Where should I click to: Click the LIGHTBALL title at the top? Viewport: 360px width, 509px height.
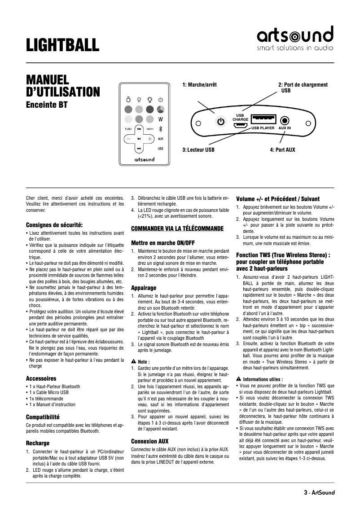pyautogui.click(x=62, y=45)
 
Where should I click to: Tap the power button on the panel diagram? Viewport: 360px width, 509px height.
pyautogui.click(x=220, y=121)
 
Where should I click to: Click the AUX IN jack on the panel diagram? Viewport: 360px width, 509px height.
pyautogui.click(x=285, y=121)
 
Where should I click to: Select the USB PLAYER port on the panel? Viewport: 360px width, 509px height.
pyautogui.click(x=263, y=119)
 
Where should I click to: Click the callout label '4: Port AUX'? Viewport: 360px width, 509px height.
pyautogui.click(x=282, y=149)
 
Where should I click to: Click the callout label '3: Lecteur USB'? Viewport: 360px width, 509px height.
pyautogui.click(x=198, y=149)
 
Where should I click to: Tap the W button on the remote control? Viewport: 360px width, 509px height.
pyautogui.click(x=160, y=119)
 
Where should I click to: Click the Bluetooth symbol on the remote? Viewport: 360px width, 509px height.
pyautogui.click(x=160, y=129)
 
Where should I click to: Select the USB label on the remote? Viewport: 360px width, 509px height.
pyautogui.click(x=160, y=148)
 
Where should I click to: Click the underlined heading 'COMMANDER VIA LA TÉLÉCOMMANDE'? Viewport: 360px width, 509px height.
pyautogui.click(x=177, y=228)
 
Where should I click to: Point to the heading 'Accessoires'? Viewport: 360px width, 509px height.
pyautogui.click(x=41, y=378)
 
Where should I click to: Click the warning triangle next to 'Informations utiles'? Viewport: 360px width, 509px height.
pyautogui.click(x=238, y=379)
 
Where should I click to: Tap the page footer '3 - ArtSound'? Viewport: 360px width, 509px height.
pyautogui.click(x=319, y=492)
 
